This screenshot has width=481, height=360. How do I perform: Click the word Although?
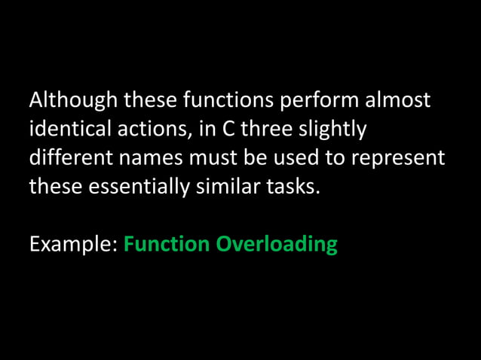coord(73,99)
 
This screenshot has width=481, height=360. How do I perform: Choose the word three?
coord(265,129)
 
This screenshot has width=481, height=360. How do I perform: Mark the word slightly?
coord(332,130)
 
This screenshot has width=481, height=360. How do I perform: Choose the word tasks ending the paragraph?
coord(294,187)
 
